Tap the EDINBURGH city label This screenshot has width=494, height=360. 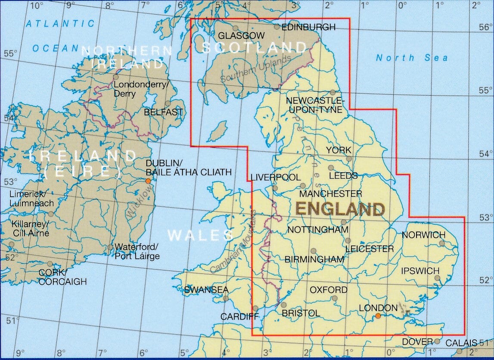(308, 27)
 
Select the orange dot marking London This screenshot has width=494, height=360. (378, 316)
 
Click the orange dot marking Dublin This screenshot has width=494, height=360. (149, 181)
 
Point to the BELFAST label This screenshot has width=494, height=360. (163, 112)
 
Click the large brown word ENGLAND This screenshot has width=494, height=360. (340, 209)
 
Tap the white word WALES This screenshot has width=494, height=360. (200, 235)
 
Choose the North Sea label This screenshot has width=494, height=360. (411, 58)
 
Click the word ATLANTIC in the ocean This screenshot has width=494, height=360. (60, 24)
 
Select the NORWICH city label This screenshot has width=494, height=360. (423, 235)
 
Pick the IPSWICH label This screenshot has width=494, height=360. (420, 271)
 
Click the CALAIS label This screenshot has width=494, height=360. (461, 343)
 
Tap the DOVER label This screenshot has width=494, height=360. (417, 342)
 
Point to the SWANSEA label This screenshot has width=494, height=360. (206, 290)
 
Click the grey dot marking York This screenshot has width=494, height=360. (349, 158)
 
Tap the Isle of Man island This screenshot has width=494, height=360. (218, 131)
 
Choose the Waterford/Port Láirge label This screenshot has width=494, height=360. (137, 251)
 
